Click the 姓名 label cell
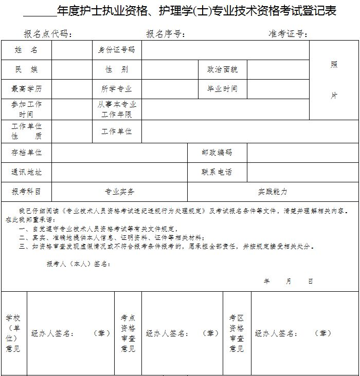tap(26, 50)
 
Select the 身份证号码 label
tap(117, 50)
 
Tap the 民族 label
tap(26, 69)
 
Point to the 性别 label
tap(117, 69)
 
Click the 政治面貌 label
tap(222, 69)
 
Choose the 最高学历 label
tap(26, 89)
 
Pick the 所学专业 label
tap(117, 89)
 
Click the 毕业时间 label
tap(222, 89)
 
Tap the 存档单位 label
tap(26, 153)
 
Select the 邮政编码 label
tap(217, 153)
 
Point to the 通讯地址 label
tap(26, 172)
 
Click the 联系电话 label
tap(217, 172)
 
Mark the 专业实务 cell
tap(119, 192)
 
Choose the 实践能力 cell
tap(273, 192)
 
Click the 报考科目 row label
tap(26, 192)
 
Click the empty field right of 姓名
tap(71, 50)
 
